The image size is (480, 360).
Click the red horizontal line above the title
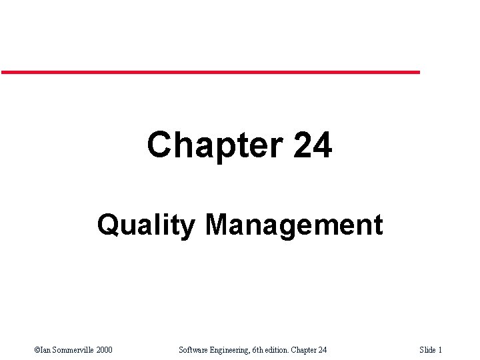tap(210, 72)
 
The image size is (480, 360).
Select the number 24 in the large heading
tap(312, 145)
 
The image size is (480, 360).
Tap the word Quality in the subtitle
tap(146, 225)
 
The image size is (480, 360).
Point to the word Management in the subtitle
tap(294, 225)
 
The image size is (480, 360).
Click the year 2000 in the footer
tap(103, 350)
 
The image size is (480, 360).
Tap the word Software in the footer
tap(195, 350)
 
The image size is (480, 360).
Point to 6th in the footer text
tap(258, 350)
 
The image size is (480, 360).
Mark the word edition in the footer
tap(278, 350)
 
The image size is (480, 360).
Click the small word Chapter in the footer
tap(305, 350)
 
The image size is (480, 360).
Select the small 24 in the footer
tap(323, 350)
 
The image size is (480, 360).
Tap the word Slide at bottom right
tap(427, 350)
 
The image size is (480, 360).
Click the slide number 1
tap(440, 350)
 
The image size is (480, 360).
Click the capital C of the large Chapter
tap(160, 145)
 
